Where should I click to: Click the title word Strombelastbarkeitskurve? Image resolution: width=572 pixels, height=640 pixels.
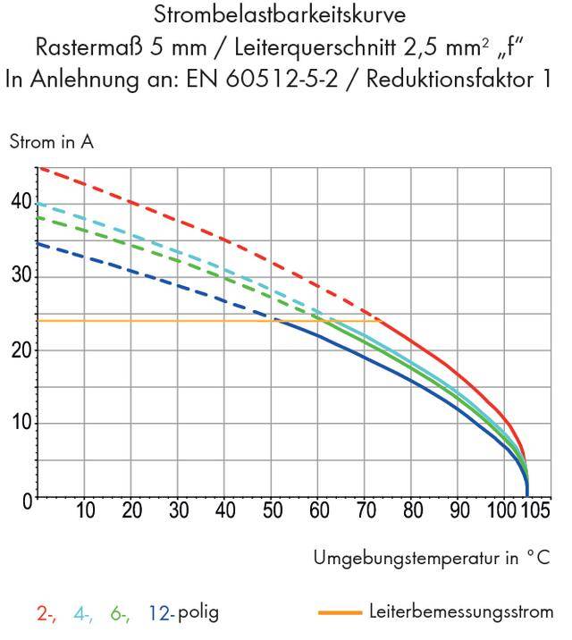pyautogui.click(x=281, y=15)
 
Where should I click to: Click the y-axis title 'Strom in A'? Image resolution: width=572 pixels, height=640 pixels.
pyautogui.click(x=51, y=142)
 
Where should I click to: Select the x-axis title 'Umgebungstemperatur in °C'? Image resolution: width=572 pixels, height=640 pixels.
pyautogui.click(x=431, y=558)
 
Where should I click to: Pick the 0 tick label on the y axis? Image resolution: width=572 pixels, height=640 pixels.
pyautogui.click(x=27, y=498)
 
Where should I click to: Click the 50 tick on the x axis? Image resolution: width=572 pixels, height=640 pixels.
pyautogui.click(x=273, y=511)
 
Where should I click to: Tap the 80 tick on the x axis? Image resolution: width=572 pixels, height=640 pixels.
pyautogui.click(x=412, y=511)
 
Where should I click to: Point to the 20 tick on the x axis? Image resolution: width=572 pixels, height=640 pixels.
pyautogui.click(x=132, y=511)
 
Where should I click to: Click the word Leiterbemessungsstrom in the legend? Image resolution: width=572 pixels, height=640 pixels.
pyautogui.click(x=461, y=612)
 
